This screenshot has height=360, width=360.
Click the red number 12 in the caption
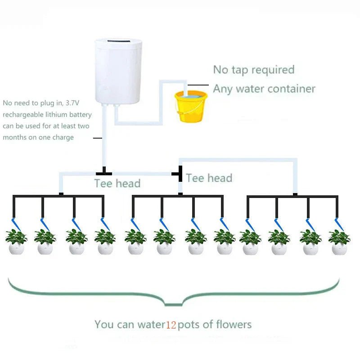(171, 325)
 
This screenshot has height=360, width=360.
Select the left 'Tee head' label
(117, 184)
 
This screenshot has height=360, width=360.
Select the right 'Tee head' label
(209, 178)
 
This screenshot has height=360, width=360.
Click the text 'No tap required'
(254, 70)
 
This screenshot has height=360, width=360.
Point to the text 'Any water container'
(264, 89)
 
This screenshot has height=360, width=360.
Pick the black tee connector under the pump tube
(104, 172)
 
